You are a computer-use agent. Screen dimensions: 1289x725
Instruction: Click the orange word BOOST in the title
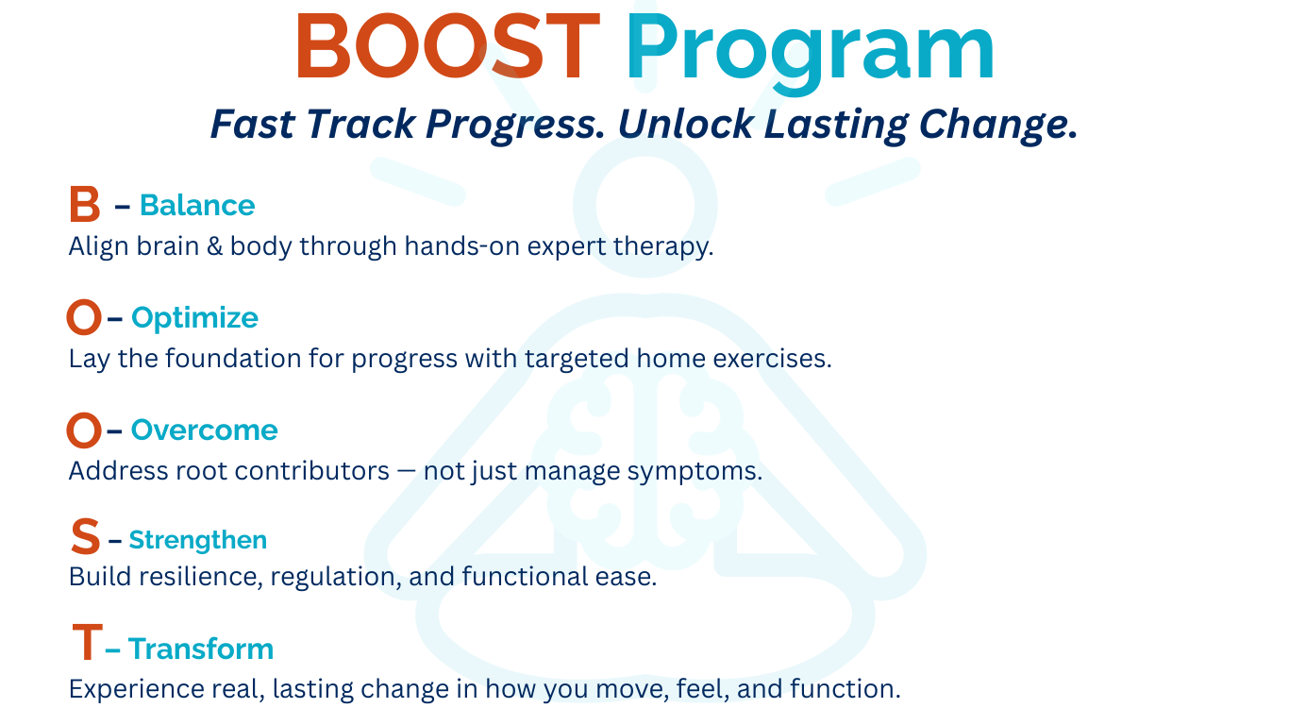[448, 46]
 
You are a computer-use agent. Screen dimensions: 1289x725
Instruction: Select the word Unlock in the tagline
[685, 124]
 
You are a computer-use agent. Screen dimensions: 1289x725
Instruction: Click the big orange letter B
[85, 204]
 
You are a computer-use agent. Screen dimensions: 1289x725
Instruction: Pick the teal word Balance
[197, 205]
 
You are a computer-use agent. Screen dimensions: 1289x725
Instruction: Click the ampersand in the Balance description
[214, 246]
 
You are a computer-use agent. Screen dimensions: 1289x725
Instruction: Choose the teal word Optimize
[194, 318]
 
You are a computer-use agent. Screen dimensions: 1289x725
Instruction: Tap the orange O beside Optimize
[84, 317]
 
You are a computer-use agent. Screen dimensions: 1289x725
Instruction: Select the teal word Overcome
[204, 430]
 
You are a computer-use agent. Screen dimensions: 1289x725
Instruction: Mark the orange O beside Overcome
[84, 430]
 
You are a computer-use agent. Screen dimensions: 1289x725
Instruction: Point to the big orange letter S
[85, 536]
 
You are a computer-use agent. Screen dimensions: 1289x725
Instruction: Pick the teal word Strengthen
[198, 541]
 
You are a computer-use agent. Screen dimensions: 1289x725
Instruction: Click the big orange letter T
[88, 642]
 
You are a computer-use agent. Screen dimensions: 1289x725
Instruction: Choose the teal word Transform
[201, 649]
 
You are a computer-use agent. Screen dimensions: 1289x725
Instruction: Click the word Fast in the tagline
[253, 124]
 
